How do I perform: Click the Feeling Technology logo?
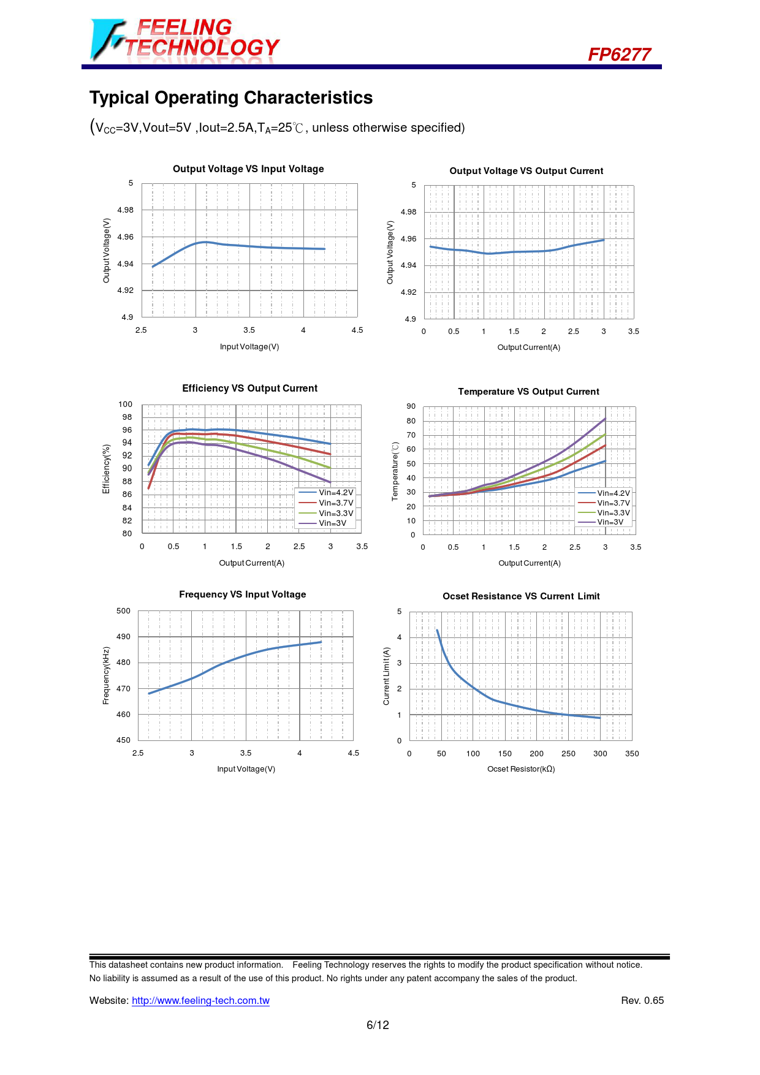pos(184,39)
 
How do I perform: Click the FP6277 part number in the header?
pos(619,55)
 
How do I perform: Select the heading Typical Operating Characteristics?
pos(231,98)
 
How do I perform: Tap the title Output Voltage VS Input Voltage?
pos(248,169)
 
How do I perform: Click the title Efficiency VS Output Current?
pos(249,389)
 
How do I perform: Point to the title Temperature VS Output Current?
pos(528,392)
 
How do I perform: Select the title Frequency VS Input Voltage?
pos(242,594)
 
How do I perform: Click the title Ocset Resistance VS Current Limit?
pos(521,596)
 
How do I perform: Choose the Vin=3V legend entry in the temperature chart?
pos(610,522)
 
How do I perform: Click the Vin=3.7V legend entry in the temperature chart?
pos(613,503)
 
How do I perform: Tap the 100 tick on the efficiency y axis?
pos(125,405)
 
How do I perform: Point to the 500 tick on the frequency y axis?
pos(123,611)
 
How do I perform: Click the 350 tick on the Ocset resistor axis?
pos(632,754)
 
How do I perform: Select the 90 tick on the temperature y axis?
pos(411,406)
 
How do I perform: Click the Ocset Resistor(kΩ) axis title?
pos(521,769)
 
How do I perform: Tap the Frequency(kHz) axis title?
pos(106,676)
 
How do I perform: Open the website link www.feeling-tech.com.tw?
pos(200,1001)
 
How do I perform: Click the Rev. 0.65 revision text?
pos(642,1001)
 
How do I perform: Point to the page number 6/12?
pos(378,1025)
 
